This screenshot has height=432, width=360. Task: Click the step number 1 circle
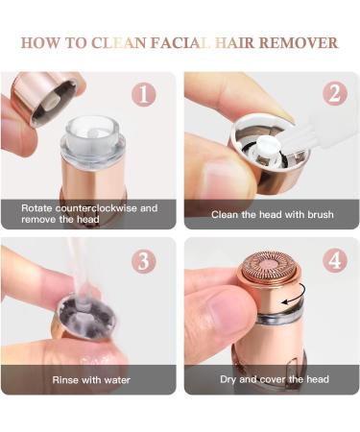pos(144,95)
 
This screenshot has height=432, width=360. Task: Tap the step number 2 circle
pos(335,94)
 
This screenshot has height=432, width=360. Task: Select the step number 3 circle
pos(144,261)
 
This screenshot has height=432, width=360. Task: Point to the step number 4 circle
pos(335,260)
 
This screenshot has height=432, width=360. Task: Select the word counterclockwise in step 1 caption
pos(96,208)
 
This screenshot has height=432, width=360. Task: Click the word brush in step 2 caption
pos(321,214)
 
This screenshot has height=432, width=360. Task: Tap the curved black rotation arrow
pos(296,295)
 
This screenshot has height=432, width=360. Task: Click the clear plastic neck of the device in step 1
pos(93,137)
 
